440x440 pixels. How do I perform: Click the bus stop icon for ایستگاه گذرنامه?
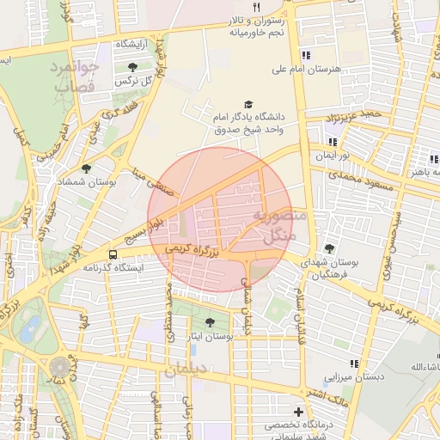[x=113, y=254]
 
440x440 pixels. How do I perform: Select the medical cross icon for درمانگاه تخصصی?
[x=298, y=412]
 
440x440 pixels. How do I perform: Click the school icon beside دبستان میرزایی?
[x=355, y=365]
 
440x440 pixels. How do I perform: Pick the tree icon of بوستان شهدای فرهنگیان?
[x=330, y=248]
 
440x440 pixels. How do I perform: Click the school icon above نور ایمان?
[x=333, y=143]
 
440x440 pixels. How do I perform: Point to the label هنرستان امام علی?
[x=306, y=68]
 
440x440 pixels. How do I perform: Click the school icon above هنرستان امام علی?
[x=306, y=56]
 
